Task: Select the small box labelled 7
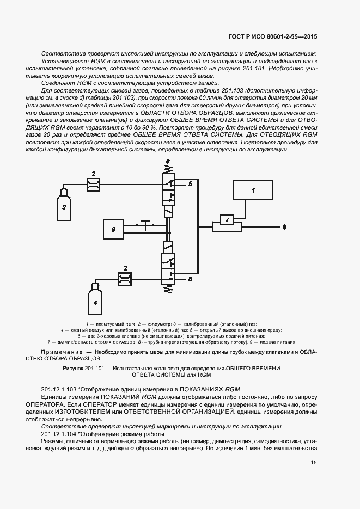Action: pos(224,219)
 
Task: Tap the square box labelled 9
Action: pos(113,229)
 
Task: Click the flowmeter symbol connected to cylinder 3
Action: pos(94,185)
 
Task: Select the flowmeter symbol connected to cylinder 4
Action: pos(125,279)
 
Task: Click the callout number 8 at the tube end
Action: pos(283,226)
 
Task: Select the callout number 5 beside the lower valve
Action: pos(190,279)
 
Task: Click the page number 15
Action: pos(314,463)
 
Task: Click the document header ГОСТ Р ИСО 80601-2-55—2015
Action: pos(272,36)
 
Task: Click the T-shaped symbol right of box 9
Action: pos(145,224)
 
